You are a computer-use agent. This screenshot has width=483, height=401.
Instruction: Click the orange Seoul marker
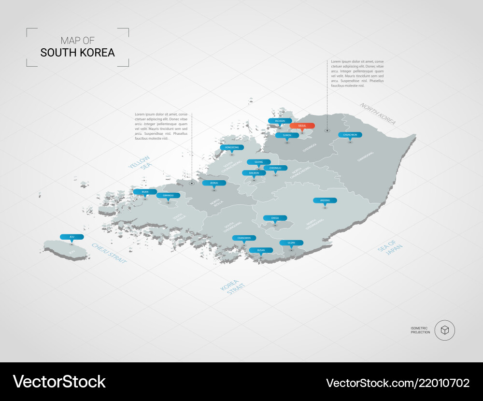pos(302,126)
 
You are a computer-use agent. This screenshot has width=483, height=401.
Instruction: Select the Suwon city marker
pos(287,136)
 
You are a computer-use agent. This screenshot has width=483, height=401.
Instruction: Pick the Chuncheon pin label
pos(350,135)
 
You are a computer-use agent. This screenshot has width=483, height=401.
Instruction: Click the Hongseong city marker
pos(232,147)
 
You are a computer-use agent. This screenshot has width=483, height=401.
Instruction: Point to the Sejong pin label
pos(258,162)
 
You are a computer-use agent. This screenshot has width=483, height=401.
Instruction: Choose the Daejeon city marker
pos(254,173)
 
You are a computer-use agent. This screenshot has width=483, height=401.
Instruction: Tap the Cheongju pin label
pos(275,168)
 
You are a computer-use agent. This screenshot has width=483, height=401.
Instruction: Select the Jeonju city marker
pos(214,183)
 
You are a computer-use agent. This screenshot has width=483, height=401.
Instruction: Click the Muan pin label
pos(145,192)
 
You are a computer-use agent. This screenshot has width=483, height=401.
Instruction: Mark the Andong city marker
pos(325,200)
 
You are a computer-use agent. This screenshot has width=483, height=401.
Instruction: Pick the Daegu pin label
pos(275,218)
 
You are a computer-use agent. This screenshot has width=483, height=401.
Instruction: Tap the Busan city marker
pos(261,250)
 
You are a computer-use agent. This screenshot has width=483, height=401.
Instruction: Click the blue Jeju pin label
pos(72,237)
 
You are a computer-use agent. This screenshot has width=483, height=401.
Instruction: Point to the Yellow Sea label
pos(140,162)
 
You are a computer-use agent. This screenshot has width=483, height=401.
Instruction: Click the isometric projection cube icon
pos(445,330)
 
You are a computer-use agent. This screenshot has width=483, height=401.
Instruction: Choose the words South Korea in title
pos(77,53)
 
